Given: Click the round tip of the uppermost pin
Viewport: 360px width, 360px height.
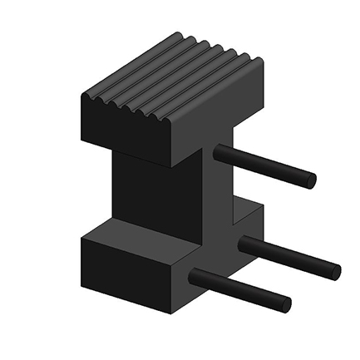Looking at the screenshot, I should [x=308, y=180].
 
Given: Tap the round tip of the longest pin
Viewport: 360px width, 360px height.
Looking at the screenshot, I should [x=333, y=270].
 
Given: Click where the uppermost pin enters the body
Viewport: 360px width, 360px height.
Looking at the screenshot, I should [x=219, y=152].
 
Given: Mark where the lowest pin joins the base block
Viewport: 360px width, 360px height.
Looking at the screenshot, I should [x=195, y=277].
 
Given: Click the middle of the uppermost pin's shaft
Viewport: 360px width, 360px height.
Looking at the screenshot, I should [x=264, y=166].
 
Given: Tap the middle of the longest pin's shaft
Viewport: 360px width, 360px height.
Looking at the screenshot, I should [x=288, y=257].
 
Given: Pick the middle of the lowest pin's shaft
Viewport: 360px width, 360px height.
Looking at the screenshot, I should [x=239, y=291].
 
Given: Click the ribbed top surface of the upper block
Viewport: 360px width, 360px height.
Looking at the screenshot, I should [x=170, y=79].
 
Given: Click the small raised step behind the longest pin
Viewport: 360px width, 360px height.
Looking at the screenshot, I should [x=248, y=218].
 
